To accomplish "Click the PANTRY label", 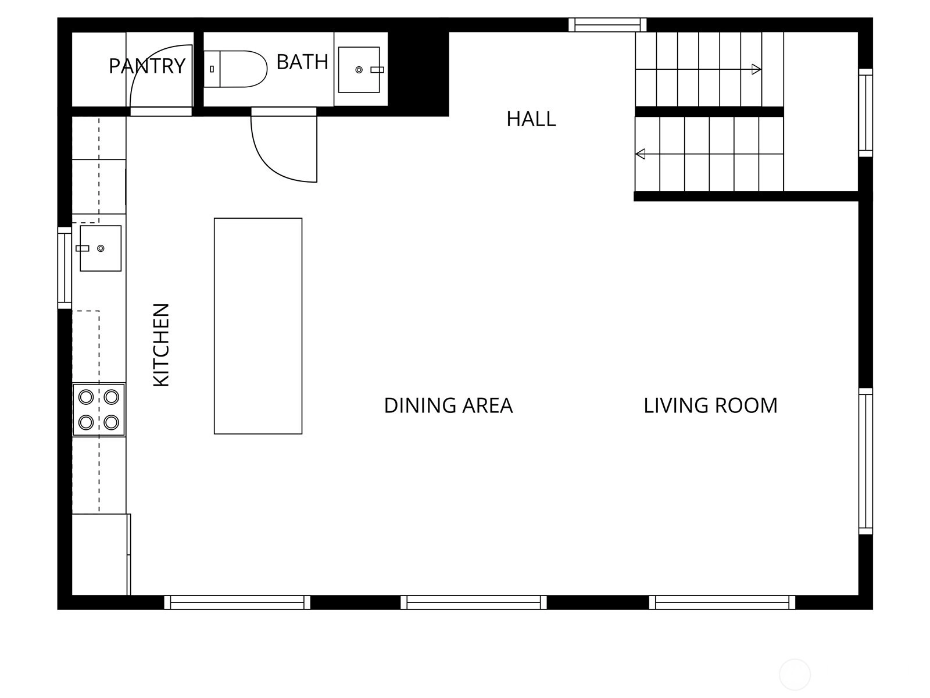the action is (x=147, y=66).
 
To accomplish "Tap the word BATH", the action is (x=302, y=62).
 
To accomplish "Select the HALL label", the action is (x=531, y=119).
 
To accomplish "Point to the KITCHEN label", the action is (x=162, y=345).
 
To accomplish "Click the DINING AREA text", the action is (x=448, y=405).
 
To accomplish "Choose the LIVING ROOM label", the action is (x=710, y=405).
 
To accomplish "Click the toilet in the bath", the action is (x=235, y=69).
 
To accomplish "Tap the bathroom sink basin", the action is (x=359, y=70).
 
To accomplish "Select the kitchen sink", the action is (x=101, y=248).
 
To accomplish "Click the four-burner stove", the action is (x=99, y=410).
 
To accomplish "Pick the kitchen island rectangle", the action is (x=258, y=326).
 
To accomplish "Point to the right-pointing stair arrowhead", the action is (x=756, y=69).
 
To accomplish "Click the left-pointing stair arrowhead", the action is (x=640, y=154).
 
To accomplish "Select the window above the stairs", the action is (x=607, y=24).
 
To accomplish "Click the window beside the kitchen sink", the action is (x=65, y=268).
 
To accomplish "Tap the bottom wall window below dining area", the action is (x=474, y=602).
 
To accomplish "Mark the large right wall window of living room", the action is (x=865, y=461).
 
